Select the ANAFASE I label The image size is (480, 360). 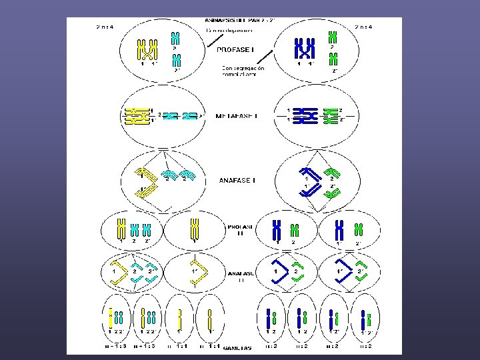(x=237, y=180)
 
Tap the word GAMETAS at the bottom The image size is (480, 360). (x=238, y=348)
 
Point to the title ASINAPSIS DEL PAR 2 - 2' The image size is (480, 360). (x=239, y=21)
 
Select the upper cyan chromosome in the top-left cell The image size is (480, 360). (x=175, y=37)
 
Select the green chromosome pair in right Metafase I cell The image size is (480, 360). (x=330, y=115)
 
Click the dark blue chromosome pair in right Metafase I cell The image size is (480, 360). (x=305, y=115)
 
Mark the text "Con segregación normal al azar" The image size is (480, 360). (x=243, y=71)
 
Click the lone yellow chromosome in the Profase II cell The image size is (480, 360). (x=195, y=228)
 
